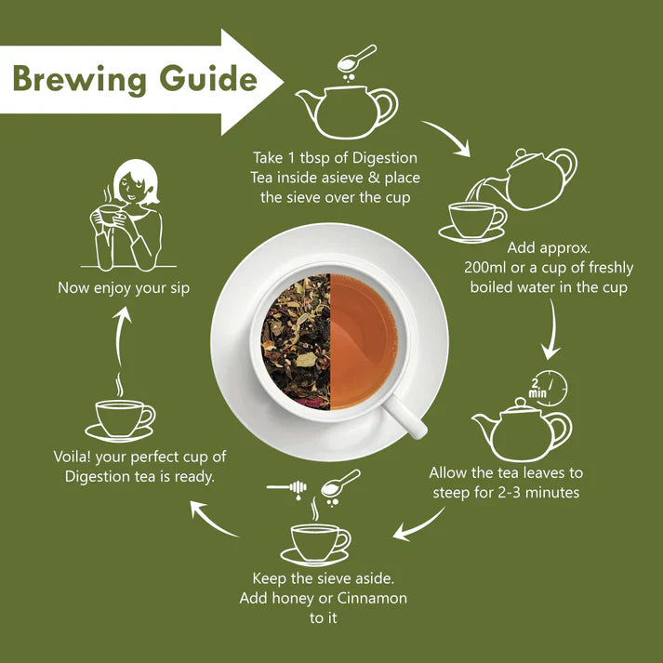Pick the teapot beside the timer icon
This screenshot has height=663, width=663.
coord(520,431)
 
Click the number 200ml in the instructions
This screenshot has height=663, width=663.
coord(488,268)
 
